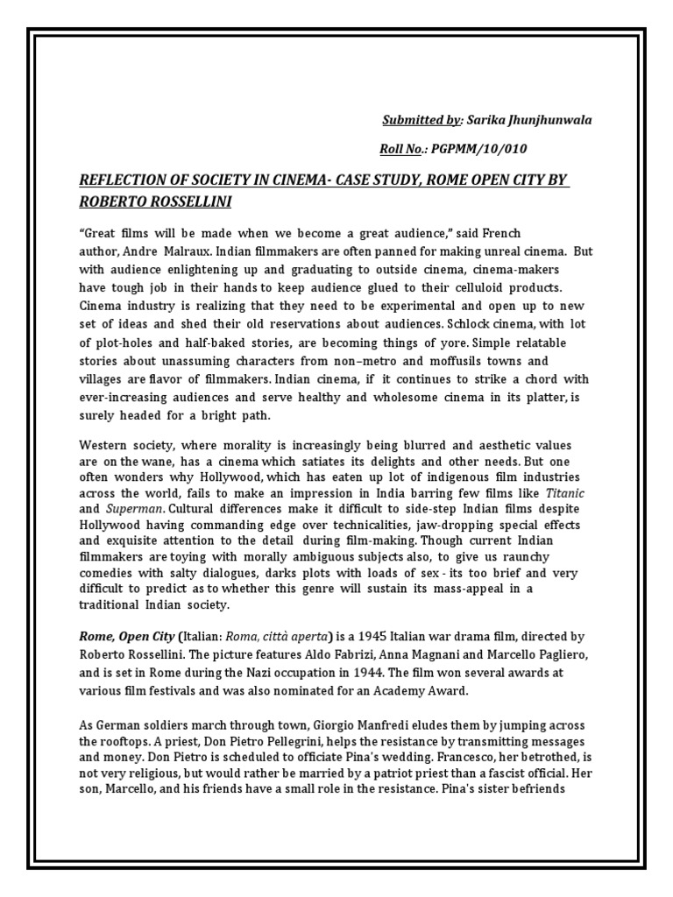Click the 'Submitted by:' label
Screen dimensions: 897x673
[x=421, y=119]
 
